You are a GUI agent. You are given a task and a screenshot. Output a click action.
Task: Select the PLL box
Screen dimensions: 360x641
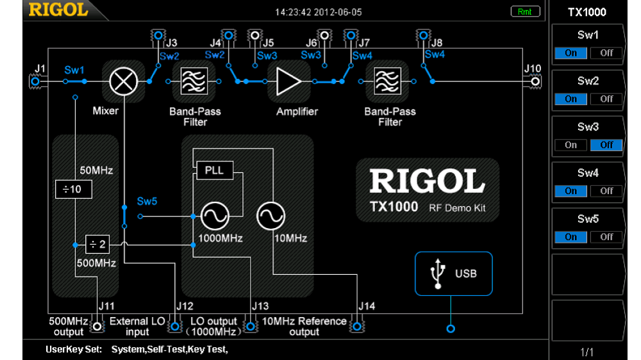pyautogui.click(x=214, y=171)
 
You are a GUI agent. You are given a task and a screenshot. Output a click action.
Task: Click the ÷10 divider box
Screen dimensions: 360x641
pyautogui.click(x=73, y=189)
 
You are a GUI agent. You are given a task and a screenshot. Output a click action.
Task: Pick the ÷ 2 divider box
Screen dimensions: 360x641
pyautogui.click(x=98, y=244)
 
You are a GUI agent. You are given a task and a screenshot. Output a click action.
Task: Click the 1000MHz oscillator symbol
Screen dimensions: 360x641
pyautogui.click(x=215, y=217)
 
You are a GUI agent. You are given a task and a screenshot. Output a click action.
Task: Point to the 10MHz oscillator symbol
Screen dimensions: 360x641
pyautogui.click(x=271, y=217)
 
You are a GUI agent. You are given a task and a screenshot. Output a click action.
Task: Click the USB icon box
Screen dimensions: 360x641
pyautogui.click(x=454, y=274)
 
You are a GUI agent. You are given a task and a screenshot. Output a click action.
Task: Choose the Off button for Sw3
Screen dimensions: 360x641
pyautogui.click(x=606, y=145)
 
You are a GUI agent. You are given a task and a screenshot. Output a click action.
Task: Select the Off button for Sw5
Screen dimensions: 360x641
pyautogui.click(x=606, y=237)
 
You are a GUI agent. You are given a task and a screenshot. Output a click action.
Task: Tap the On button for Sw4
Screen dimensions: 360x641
pyautogui.click(x=571, y=191)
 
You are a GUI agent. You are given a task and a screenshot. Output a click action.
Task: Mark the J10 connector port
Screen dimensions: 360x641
pyautogui.click(x=535, y=81)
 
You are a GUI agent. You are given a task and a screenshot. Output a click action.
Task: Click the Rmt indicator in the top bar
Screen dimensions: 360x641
pyautogui.click(x=525, y=12)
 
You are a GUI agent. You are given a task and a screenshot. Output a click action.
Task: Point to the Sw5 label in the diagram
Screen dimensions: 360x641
pyautogui.click(x=147, y=201)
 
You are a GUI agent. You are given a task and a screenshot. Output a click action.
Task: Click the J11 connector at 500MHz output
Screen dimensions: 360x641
pyautogui.click(x=97, y=327)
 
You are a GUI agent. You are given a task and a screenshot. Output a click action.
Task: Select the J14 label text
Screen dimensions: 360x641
pyautogui.click(x=366, y=306)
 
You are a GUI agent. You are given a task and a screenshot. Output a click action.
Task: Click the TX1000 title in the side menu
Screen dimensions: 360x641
pyautogui.click(x=587, y=12)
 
